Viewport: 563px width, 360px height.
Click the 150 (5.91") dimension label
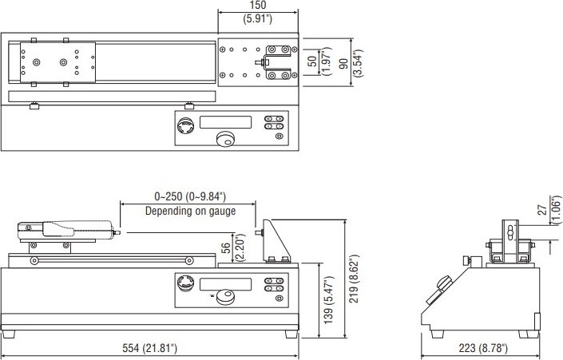[x=258, y=11]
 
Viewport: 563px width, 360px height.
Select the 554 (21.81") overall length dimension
[x=149, y=348]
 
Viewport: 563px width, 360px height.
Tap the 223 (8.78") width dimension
[x=483, y=348]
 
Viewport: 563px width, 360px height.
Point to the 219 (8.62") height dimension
[x=354, y=279]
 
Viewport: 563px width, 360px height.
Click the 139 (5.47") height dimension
[x=329, y=300]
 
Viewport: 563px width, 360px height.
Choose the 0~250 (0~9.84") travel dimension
[x=190, y=196]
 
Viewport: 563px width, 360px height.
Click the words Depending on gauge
[x=190, y=211]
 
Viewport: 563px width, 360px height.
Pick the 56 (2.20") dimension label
[x=232, y=247]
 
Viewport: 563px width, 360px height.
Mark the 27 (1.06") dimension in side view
[x=549, y=210]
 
